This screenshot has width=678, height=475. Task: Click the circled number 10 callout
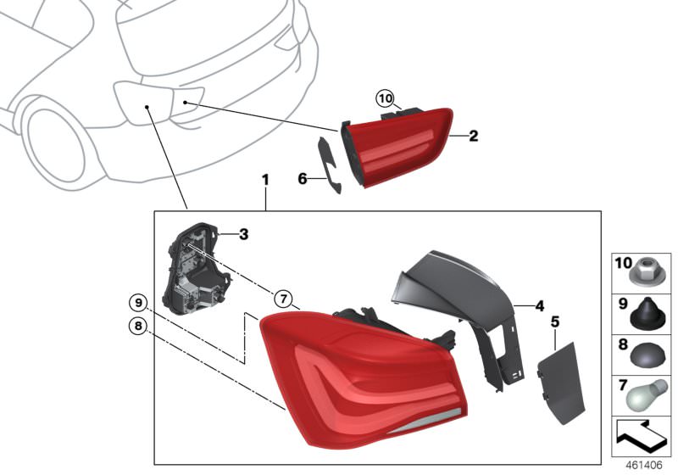point(386,99)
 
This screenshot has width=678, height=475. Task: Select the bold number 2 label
point(474,136)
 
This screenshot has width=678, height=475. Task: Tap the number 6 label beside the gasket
point(303,178)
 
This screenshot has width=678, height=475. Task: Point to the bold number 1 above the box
point(265,180)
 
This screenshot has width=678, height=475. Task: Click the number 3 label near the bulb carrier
point(244,234)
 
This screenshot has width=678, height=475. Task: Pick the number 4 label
point(539,306)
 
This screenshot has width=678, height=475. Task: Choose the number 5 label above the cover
point(555,321)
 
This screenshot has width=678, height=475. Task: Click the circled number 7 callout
point(283,299)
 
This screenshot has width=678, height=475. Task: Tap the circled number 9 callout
point(138,303)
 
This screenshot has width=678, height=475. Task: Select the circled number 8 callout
point(138,326)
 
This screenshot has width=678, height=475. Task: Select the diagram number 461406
point(644,466)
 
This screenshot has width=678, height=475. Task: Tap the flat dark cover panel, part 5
point(560,383)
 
